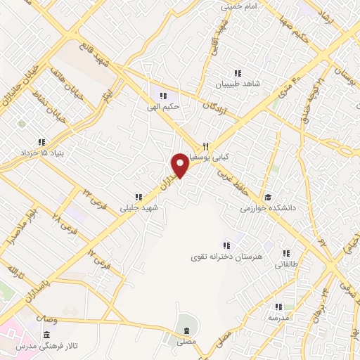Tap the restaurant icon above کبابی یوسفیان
[205, 146]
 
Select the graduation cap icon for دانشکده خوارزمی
[268, 197]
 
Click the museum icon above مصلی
[186, 330]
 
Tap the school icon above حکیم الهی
[163, 96]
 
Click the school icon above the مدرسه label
[278, 307]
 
